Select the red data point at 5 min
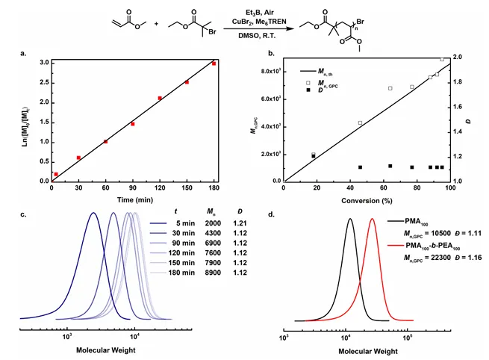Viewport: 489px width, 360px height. (x=56, y=174)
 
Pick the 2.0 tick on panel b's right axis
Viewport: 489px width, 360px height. (x=461, y=57)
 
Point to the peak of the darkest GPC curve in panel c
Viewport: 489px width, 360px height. (x=93, y=213)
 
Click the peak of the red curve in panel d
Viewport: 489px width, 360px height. (x=373, y=219)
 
